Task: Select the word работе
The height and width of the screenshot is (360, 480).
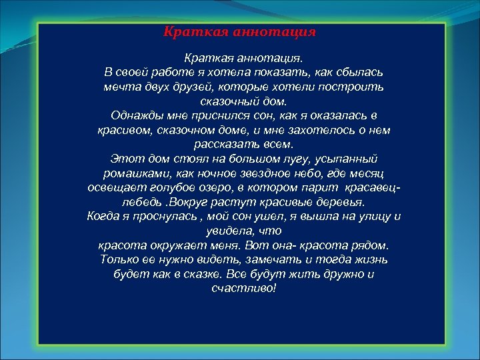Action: pos(174,71)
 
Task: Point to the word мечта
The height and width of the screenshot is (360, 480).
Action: pos(120,87)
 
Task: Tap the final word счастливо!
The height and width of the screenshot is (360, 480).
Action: pos(243,288)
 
